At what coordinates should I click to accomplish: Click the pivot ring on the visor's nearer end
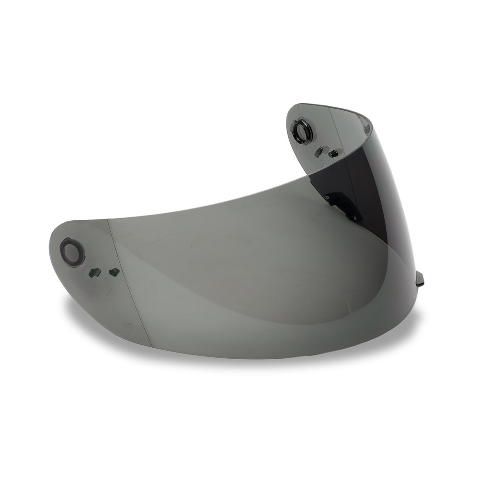click(72, 252)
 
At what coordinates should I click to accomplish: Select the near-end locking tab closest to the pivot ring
click(95, 273)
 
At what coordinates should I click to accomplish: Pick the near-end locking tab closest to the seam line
click(114, 272)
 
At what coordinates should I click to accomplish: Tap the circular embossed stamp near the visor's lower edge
click(127, 323)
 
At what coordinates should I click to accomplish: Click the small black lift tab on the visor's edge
click(420, 278)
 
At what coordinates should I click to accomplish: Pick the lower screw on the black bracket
click(355, 218)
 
